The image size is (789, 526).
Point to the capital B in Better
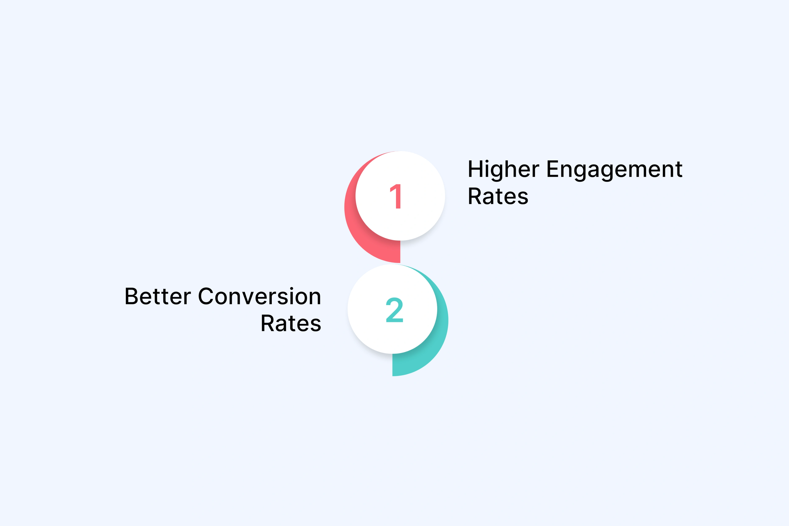(x=131, y=297)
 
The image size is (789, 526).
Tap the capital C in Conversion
(x=206, y=297)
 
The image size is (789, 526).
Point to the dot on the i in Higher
(x=487, y=161)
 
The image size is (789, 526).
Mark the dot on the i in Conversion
(x=291, y=289)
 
